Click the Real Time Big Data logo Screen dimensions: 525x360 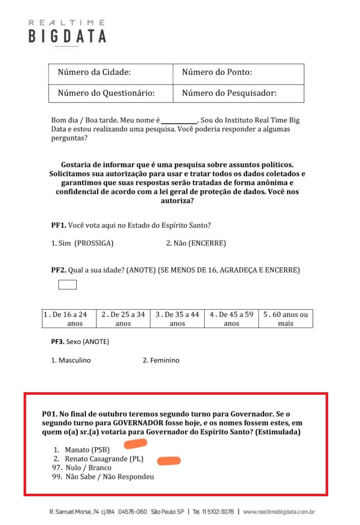tap(67, 32)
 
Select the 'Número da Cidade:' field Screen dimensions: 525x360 tap(111, 73)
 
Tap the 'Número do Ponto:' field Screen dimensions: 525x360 tap(238, 73)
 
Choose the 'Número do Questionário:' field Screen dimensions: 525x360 tap(111, 93)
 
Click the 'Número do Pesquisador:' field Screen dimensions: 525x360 tap(238, 93)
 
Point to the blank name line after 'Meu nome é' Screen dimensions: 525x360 tap(179, 120)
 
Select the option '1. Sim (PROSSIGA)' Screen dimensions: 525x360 tap(83, 243)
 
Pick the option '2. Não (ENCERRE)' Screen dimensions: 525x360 tap(196, 243)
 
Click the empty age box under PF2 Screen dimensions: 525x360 tap(68, 285)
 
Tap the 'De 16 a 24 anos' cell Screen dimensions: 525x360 tap(69, 319)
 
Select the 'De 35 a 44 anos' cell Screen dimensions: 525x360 tap(177, 319)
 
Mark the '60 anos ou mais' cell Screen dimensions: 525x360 tap(286, 319)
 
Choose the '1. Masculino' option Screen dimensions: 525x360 tap(71, 360)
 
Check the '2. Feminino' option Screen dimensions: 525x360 tap(161, 360)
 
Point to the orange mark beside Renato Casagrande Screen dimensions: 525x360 tap(169, 461)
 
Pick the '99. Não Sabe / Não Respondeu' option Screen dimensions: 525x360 tap(103, 477)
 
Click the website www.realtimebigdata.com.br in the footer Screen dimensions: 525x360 tap(279, 512)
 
